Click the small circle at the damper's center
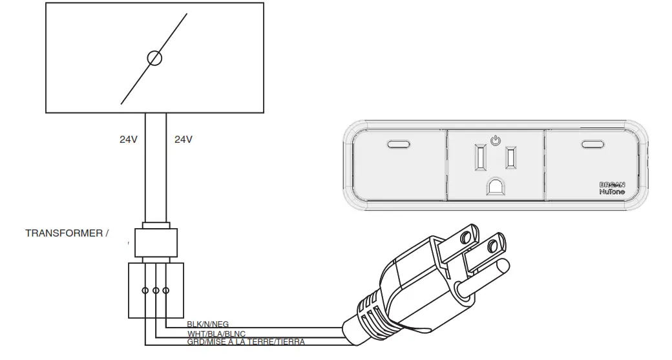coord(154,58)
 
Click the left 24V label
coord(128,139)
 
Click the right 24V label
coord(184,139)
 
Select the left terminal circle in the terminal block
coord(145,290)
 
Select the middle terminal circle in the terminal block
coord(156,290)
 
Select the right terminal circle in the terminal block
coord(167,290)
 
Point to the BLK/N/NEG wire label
coord(207,324)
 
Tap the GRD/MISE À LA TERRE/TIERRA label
coord(246,342)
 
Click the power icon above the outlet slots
coord(495,139)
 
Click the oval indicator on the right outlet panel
coord(591,144)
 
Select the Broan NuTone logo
coord(612,188)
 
